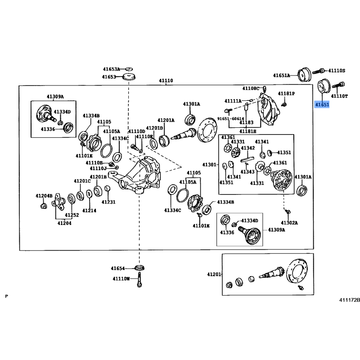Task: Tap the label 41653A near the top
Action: click(111, 69)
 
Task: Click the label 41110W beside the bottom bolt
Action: click(121, 279)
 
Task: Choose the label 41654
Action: click(119, 269)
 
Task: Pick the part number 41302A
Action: click(289, 223)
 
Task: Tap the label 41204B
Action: click(45, 196)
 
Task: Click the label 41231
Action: click(108, 202)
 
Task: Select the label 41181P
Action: click(286, 94)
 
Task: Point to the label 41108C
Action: click(251, 88)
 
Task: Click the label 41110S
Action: click(337, 71)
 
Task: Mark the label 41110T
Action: click(339, 96)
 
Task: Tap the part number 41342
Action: click(247, 148)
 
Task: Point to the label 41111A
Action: click(233, 100)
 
